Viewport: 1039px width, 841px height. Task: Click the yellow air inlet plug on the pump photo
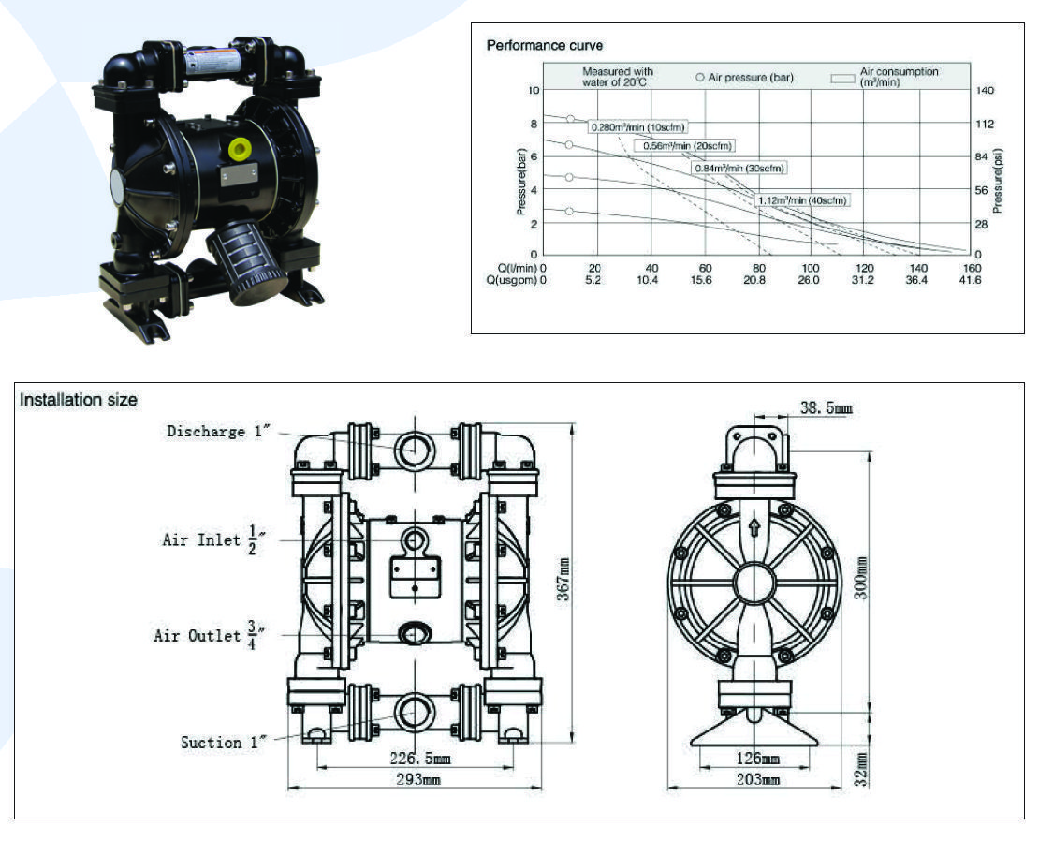(241, 149)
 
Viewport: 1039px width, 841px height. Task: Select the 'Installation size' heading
(79, 400)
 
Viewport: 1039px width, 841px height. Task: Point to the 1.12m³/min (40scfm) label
(802, 200)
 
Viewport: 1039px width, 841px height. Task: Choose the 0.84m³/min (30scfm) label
(739, 169)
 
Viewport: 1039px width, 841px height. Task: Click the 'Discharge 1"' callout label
(218, 432)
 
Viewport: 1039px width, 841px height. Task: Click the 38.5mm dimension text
(827, 408)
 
